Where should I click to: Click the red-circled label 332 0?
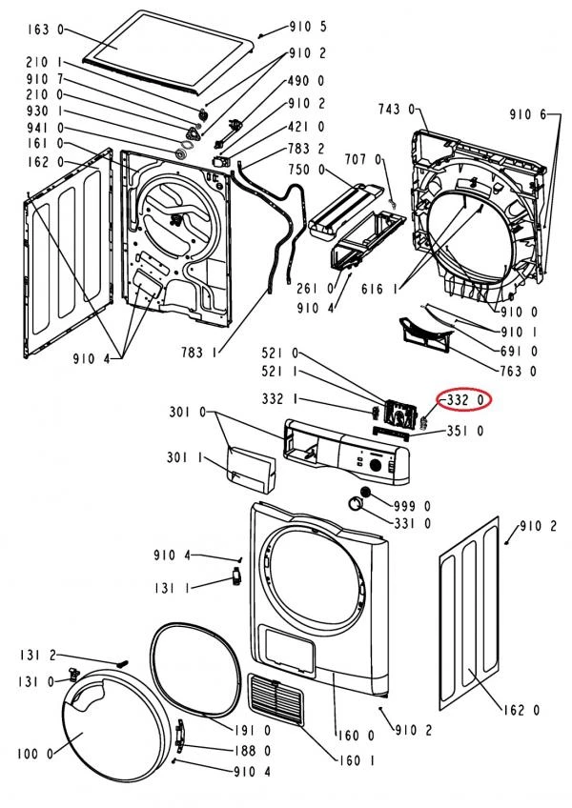(465, 400)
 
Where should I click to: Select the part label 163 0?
(46, 30)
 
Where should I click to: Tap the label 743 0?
(397, 110)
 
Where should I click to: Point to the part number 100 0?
(35, 754)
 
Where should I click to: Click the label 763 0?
(519, 371)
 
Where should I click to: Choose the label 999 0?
(412, 507)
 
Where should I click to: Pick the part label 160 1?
(357, 760)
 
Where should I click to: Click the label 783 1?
(198, 353)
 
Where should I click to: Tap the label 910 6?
(527, 115)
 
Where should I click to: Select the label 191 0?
(253, 730)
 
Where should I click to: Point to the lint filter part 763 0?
(424, 335)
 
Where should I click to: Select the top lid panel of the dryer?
(169, 51)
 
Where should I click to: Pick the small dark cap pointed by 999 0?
(366, 492)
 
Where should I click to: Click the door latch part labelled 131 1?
(236, 576)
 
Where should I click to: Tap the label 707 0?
(364, 159)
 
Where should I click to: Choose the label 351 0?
(464, 431)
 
